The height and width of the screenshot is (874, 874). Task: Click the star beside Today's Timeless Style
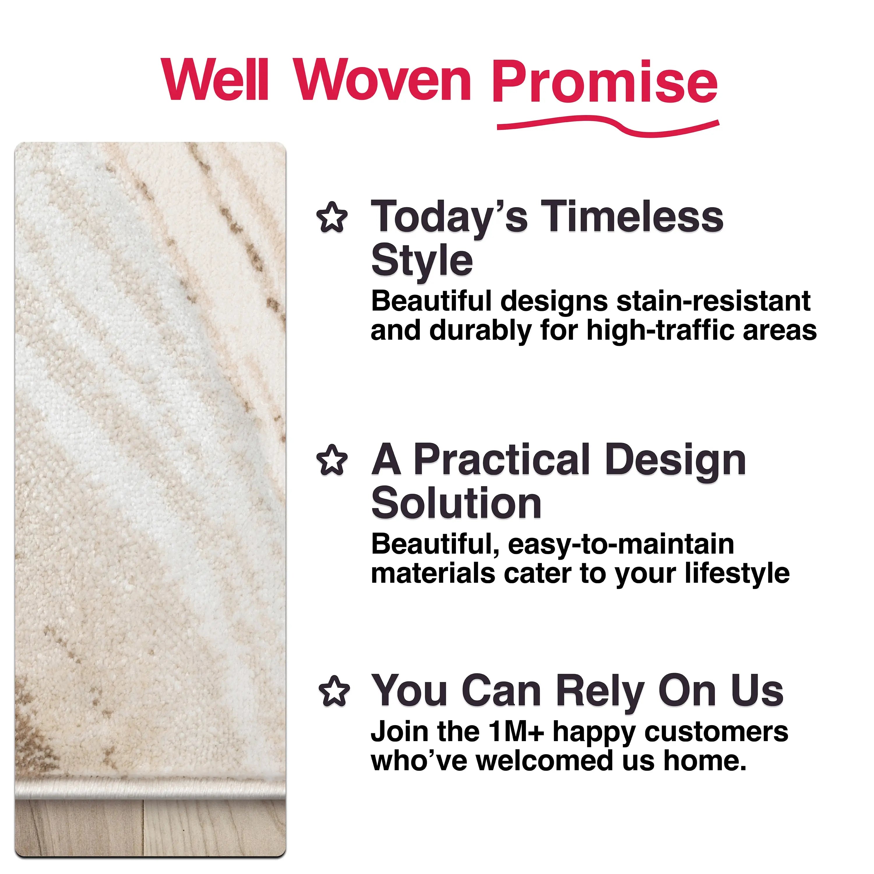[x=332, y=218]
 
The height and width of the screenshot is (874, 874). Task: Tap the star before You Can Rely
[x=334, y=691]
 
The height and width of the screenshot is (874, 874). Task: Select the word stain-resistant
[x=713, y=301]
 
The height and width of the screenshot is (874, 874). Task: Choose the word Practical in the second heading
[x=502, y=460]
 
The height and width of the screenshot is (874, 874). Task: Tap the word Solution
[x=456, y=503]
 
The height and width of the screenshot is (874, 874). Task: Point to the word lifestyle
[x=737, y=573]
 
